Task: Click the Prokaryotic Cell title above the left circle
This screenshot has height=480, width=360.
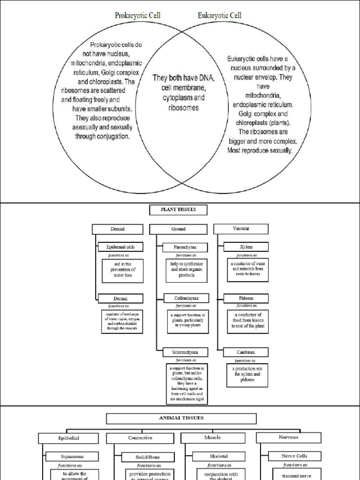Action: (x=137, y=15)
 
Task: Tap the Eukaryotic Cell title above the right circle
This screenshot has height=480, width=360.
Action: (x=219, y=15)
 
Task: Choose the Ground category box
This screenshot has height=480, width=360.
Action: (x=178, y=229)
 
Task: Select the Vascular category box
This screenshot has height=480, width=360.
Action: (x=241, y=229)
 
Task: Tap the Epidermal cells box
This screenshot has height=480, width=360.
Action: (x=120, y=247)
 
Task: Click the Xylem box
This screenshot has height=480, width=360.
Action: (x=246, y=247)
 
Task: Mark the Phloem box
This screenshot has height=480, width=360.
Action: (x=246, y=298)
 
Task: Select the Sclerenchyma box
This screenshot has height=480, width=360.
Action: (x=186, y=352)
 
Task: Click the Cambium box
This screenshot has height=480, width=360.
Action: (x=246, y=352)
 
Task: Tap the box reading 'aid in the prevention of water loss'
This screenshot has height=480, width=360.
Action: (x=123, y=270)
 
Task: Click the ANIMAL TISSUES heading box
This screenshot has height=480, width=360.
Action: (x=181, y=418)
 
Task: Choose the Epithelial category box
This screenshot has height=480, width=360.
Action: (x=68, y=438)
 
